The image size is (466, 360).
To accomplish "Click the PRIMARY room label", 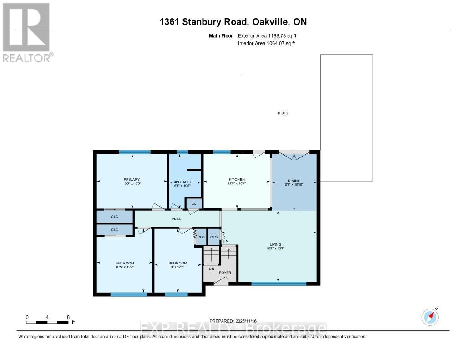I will (132, 180).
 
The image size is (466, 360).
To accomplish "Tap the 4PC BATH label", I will (182, 180).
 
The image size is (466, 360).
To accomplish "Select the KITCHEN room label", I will (237, 180).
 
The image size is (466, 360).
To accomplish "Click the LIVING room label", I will (277, 245).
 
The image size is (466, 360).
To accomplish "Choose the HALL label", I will (177, 219).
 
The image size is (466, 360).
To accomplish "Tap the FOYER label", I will (225, 273).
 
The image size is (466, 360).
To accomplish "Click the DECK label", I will (283, 113).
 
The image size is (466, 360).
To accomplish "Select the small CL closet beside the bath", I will (193, 203).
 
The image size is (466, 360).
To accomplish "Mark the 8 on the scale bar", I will (68, 317).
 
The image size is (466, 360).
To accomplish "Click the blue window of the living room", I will (279, 284).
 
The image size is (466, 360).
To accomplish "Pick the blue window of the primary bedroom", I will (135, 152).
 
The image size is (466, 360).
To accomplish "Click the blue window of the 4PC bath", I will (182, 152).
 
